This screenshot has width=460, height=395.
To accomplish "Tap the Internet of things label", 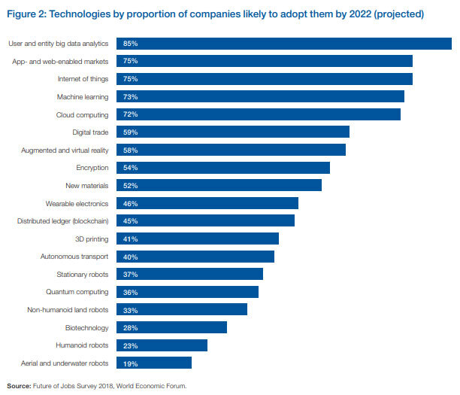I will [83, 79].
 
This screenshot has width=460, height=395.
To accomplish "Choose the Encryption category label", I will [92, 168].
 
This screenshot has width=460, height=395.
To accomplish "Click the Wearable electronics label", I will [77, 203].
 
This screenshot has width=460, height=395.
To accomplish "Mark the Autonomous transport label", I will [74, 257].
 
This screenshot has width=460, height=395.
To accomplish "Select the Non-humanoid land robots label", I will [68, 310].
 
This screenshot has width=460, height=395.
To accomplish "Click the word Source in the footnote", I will [18, 386].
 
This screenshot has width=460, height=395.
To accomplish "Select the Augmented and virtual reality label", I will [64, 150].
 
